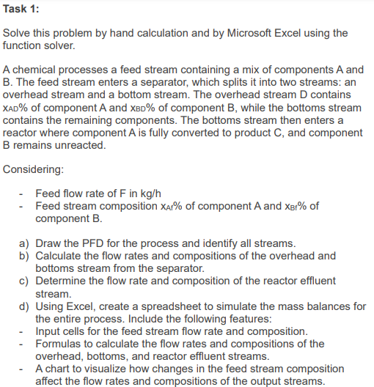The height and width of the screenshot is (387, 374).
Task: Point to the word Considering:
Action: coord(34,169)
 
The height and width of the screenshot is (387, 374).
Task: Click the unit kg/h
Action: coord(176,193)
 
